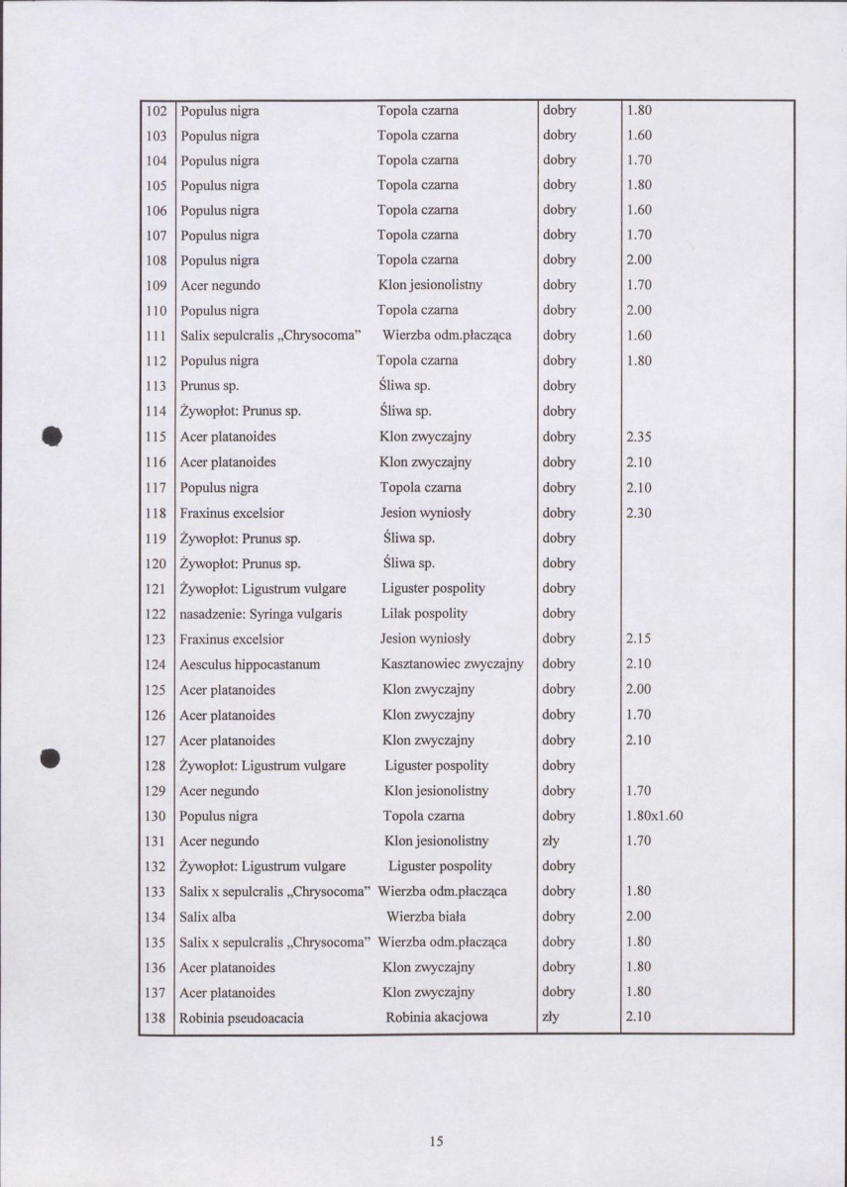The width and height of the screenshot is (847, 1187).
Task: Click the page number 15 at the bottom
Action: pos(436,1141)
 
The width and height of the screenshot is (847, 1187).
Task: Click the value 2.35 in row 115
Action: pos(640,437)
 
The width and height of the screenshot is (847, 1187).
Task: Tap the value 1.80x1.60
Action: pos(655,816)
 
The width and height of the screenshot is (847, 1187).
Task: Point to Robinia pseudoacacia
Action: pos(241,1018)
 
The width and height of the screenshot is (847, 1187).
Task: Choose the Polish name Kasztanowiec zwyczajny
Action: pos(452,664)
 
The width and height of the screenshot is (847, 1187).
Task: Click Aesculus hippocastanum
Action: pos(249,664)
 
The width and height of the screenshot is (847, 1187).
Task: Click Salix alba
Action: pos(207,917)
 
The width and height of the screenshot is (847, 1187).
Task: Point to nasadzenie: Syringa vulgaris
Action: pos(261,614)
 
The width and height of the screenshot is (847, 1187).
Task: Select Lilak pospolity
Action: pos(424,614)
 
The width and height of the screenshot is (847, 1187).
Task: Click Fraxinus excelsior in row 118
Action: pos(232,513)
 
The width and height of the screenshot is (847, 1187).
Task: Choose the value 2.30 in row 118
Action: pos(640,513)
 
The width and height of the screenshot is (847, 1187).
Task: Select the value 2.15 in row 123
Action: pos(640,639)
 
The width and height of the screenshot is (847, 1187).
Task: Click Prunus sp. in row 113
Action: pos(208,386)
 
